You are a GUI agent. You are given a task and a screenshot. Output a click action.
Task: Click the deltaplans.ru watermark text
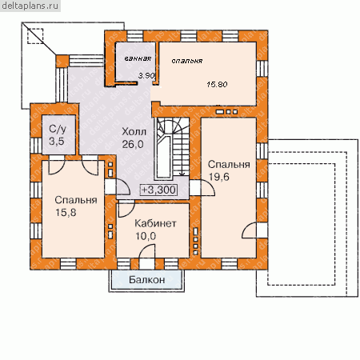tap(30, 6)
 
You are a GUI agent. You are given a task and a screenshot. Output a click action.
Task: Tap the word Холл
tap(134, 131)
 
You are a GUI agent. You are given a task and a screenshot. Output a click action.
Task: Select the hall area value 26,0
tap(133, 144)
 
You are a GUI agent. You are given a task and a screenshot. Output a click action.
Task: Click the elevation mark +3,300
tap(158, 190)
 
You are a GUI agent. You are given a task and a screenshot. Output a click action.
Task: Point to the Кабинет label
tap(155, 223)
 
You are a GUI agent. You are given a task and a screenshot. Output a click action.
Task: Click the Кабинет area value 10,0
tap(146, 236)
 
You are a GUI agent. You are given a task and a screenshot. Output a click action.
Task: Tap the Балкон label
tap(147, 279)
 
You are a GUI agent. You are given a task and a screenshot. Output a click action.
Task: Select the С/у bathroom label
tap(58, 130)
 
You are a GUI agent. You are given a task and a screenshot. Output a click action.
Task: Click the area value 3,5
tap(57, 141)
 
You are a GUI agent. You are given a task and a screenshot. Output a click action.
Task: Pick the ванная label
tap(138, 58)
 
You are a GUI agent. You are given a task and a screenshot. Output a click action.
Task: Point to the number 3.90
tap(146, 76)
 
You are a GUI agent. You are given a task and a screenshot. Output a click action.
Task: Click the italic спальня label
tap(187, 61)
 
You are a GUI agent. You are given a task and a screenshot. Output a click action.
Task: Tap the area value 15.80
tap(217, 85)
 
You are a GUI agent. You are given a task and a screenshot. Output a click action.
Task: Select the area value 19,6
tap(219, 177)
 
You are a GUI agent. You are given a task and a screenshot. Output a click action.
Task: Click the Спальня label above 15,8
tap(76, 200)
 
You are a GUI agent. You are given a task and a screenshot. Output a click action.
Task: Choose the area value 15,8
tap(66, 213)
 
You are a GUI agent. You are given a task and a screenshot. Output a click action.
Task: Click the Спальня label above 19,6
tap(229, 164)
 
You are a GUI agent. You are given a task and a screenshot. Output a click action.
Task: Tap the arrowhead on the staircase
tap(182, 174)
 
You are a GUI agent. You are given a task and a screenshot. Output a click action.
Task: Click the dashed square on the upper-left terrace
tap(35, 36)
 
